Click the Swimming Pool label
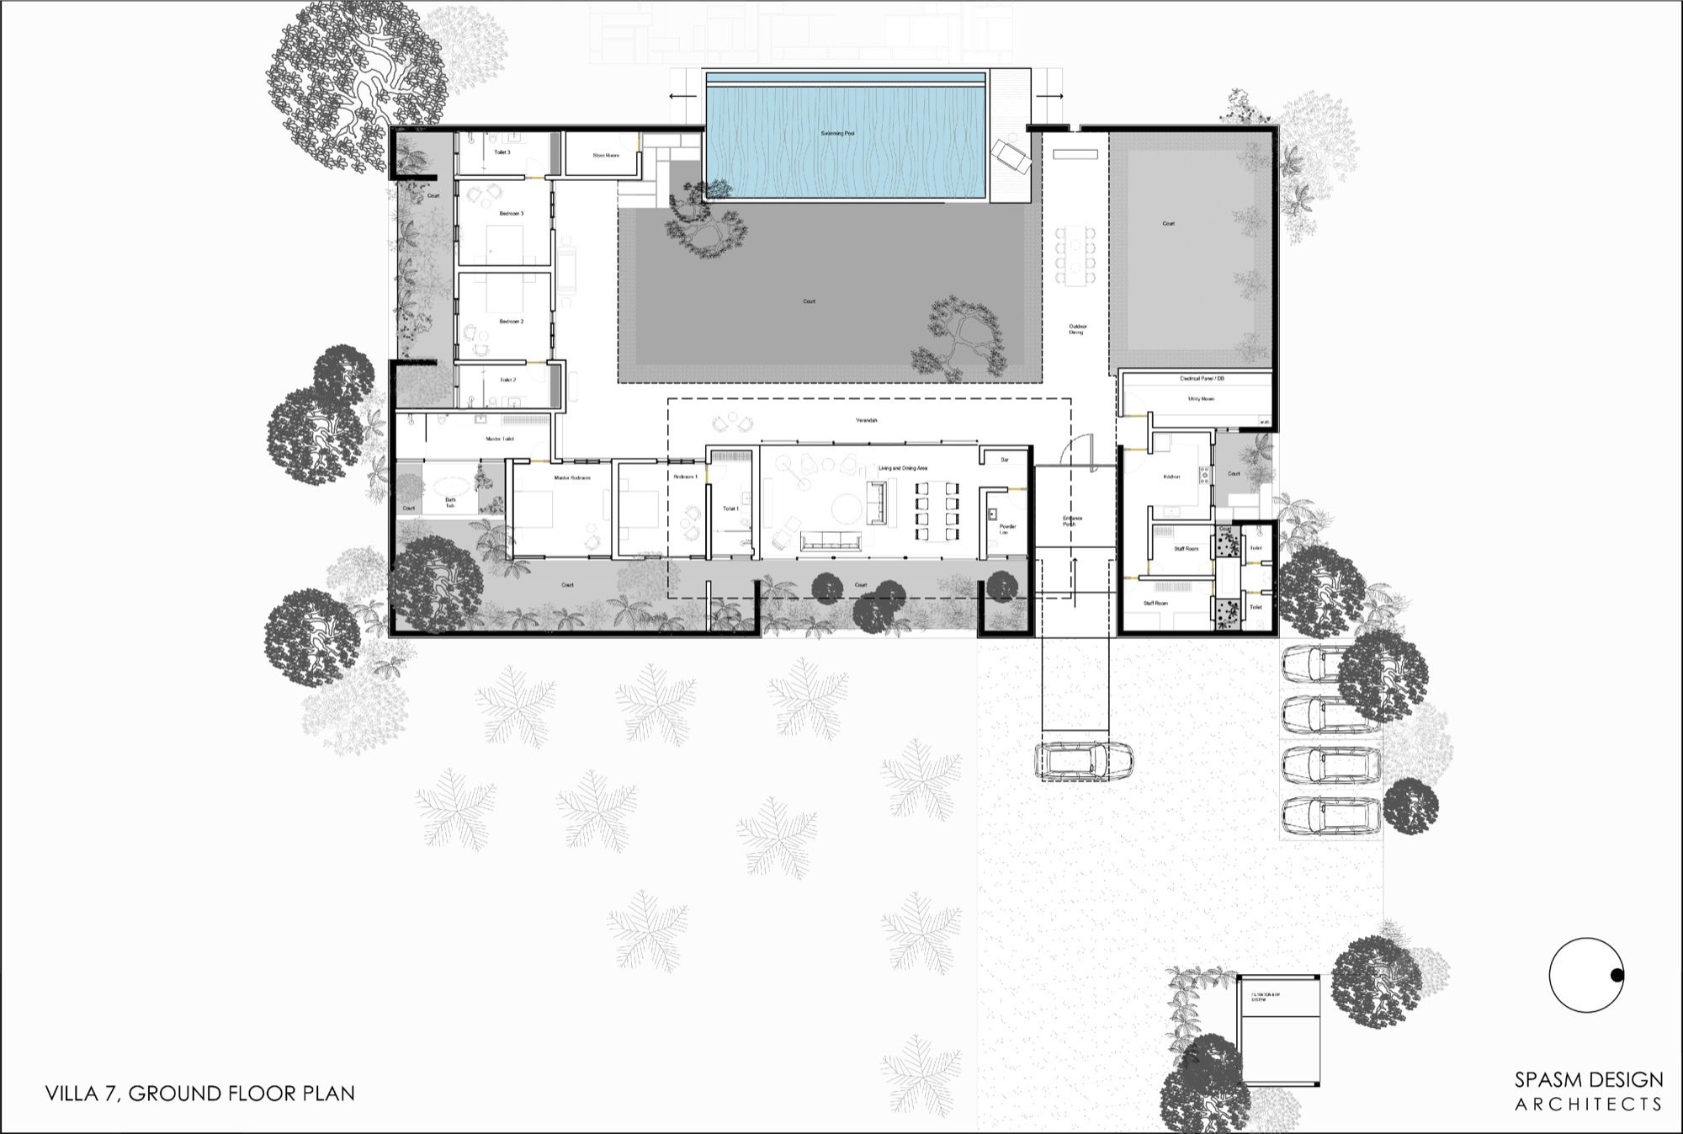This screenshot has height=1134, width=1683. (x=837, y=134)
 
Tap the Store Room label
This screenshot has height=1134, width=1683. (x=605, y=156)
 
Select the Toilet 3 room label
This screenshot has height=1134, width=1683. (x=502, y=152)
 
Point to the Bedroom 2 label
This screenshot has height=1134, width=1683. (x=511, y=322)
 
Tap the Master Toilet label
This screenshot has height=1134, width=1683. (x=499, y=439)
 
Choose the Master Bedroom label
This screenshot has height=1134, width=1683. (x=572, y=478)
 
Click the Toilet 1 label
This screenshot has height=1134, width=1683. (x=730, y=508)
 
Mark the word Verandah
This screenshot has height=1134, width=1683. (x=866, y=419)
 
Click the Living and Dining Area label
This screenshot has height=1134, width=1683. (x=902, y=468)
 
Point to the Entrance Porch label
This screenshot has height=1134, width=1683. (x=1072, y=521)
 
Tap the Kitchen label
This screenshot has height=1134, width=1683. (x=1171, y=477)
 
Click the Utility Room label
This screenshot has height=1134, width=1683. (x=1200, y=399)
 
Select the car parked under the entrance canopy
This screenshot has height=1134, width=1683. (x=1072, y=761)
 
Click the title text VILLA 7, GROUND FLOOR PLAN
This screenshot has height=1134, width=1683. (x=199, y=1094)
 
